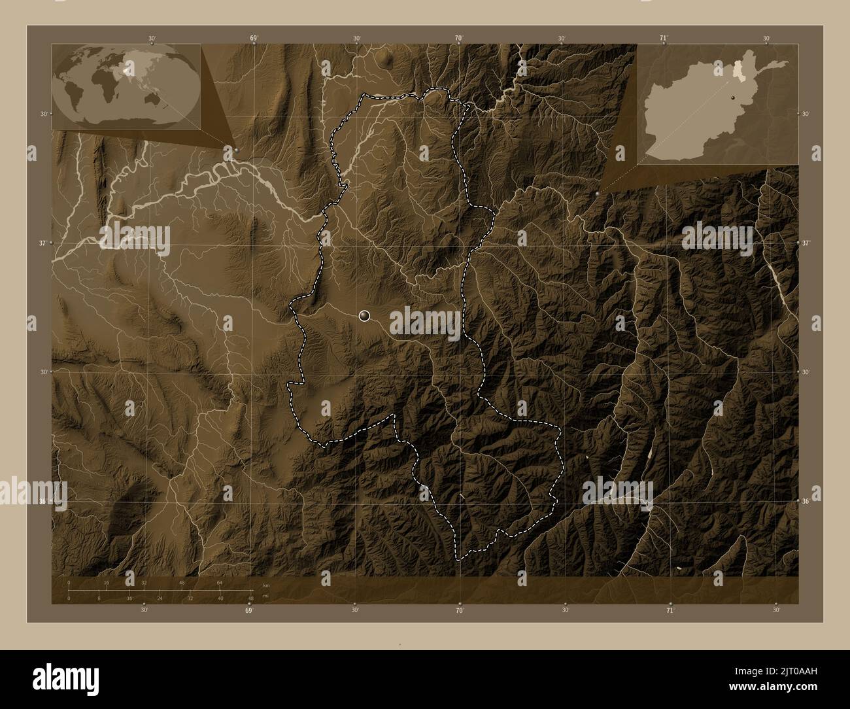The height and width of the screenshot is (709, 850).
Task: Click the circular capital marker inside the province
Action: coord(364,316)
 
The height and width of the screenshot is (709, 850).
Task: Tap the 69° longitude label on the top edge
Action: coord(253,39)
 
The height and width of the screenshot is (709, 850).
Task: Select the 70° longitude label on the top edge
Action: coord(459,39)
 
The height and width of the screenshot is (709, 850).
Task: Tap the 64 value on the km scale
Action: coord(220,582)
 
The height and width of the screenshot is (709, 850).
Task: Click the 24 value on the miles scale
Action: coord(160,598)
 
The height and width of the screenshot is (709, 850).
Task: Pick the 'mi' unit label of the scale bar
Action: coord(265,596)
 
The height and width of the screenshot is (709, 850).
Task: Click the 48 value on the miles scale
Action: coord(250,598)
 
